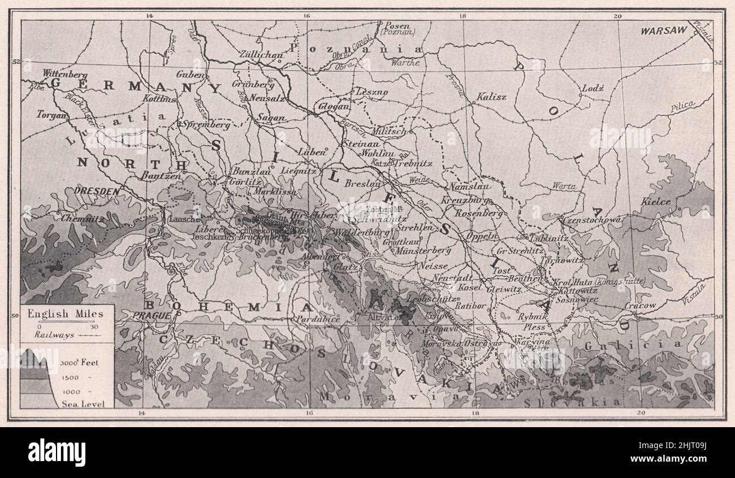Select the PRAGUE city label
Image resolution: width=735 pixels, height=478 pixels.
[x=150, y=315]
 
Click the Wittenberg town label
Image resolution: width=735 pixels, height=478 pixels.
[x=66, y=74]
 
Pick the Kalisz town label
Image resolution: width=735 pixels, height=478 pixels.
[x=491, y=97]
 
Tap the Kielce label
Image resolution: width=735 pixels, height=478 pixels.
[x=656, y=202]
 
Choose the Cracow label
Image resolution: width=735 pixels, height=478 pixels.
[x=641, y=305]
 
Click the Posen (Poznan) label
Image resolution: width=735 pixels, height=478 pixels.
[x=398, y=29]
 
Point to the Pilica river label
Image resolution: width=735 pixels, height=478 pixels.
[x=683, y=106]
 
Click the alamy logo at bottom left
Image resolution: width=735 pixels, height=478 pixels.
[x=57, y=452]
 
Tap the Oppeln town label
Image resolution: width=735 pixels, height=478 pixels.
[x=482, y=236]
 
